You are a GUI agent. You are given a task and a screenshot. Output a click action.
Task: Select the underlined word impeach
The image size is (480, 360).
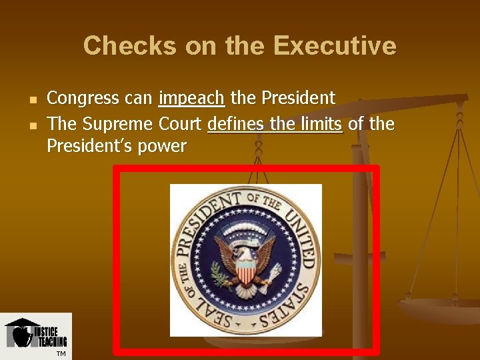pyautogui.click(x=191, y=99)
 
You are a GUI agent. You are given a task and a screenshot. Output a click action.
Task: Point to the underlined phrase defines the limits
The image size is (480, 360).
pyautogui.click(x=275, y=124)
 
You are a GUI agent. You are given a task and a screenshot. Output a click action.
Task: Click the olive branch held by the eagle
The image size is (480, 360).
pyautogui.click(x=220, y=272)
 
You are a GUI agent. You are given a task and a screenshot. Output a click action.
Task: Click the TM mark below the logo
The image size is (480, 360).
pyautogui.click(x=61, y=353)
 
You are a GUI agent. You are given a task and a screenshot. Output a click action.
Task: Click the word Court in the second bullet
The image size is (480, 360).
pyautogui.click(x=181, y=124)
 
